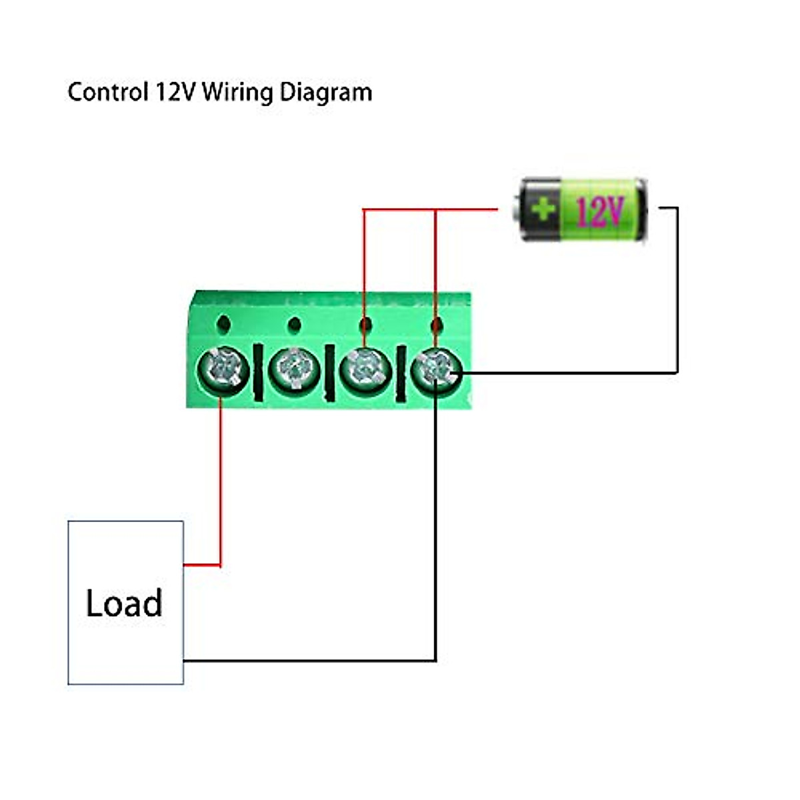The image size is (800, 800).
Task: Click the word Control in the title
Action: (107, 91)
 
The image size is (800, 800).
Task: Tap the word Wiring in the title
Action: (237, 91)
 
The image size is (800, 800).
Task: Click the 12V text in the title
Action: (175, 91)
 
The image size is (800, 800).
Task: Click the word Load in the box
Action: (124, 603)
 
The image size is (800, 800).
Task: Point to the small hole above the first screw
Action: (223, 324)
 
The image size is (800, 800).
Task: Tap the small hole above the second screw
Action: (294, 325)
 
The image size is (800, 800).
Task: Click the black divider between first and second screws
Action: (258, 373)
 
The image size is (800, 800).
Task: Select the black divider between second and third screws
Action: (329, 373)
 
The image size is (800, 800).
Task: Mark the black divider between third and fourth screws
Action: (400, 373)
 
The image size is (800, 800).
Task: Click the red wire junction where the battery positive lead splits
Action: (435, 210)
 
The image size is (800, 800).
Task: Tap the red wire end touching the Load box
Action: (185, 565)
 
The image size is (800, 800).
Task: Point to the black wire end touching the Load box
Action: (185, 661)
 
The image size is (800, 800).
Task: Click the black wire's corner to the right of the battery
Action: (677, 208)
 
